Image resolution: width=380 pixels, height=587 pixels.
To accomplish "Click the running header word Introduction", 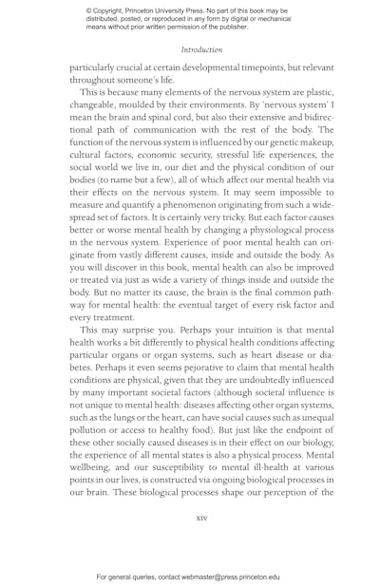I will click(x=201, y=49).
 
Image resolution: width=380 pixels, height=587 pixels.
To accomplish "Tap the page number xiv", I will click(x=201, y=518).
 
